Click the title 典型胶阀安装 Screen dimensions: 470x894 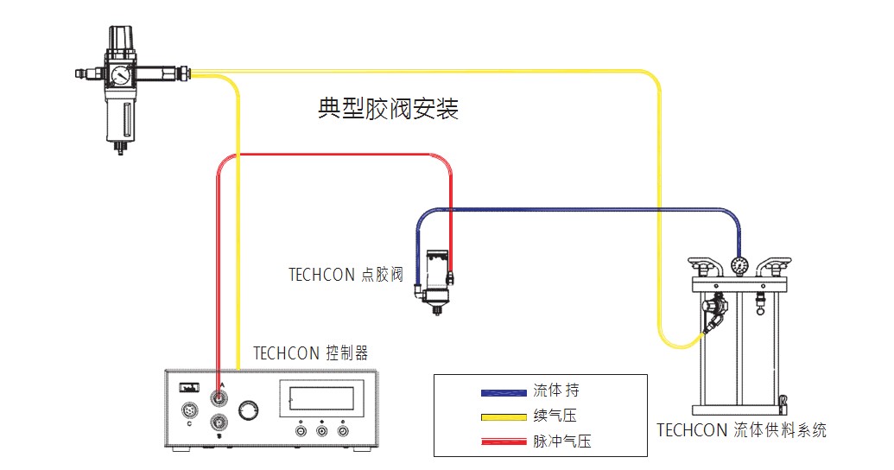(388, 110)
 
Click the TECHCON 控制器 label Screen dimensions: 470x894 (310, 353)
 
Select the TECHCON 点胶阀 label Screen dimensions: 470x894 (346, 275)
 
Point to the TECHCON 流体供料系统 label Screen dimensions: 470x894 (741, 429)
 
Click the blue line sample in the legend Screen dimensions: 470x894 (504, 392)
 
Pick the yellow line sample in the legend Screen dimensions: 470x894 (504, 416)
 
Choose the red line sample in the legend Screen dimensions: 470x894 (504, 441)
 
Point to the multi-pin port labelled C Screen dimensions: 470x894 (189, 409)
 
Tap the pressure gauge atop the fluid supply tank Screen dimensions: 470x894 (739, 265)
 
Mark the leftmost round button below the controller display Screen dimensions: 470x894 (301, 429)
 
